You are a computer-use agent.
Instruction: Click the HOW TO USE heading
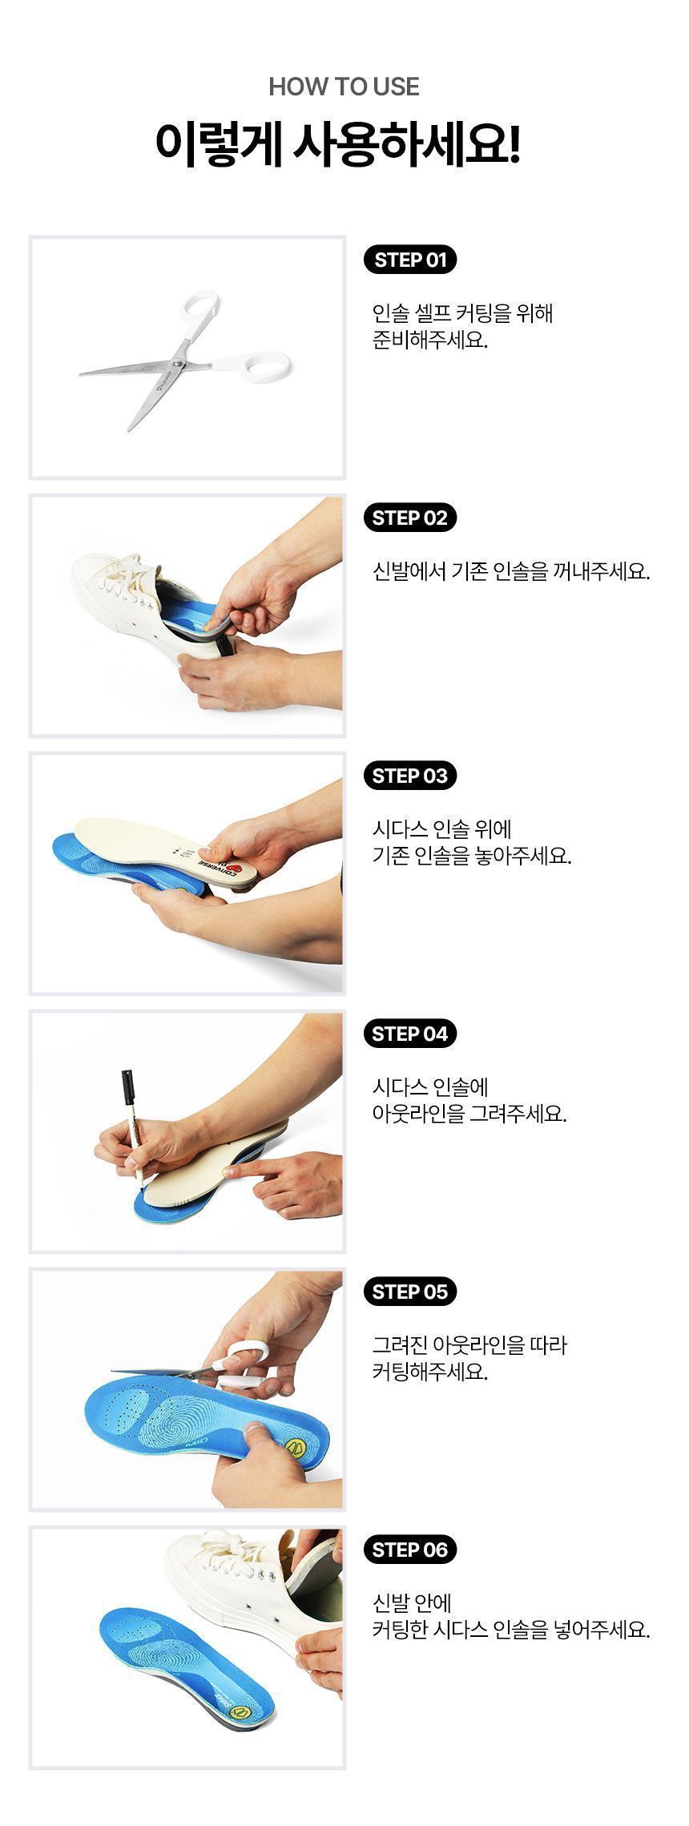344,87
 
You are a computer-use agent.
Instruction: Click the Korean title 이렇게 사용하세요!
337,144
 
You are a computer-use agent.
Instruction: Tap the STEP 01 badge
409,260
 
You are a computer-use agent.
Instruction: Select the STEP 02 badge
409,518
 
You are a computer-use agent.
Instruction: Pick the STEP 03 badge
409,776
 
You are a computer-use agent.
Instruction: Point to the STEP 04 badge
409,1034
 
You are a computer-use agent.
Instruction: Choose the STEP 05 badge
409,1292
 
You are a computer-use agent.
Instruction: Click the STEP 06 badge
409,1550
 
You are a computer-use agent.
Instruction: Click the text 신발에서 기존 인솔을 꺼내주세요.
510,571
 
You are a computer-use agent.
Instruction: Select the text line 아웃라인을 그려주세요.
469,1113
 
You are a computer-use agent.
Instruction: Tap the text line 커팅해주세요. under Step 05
429,1371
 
